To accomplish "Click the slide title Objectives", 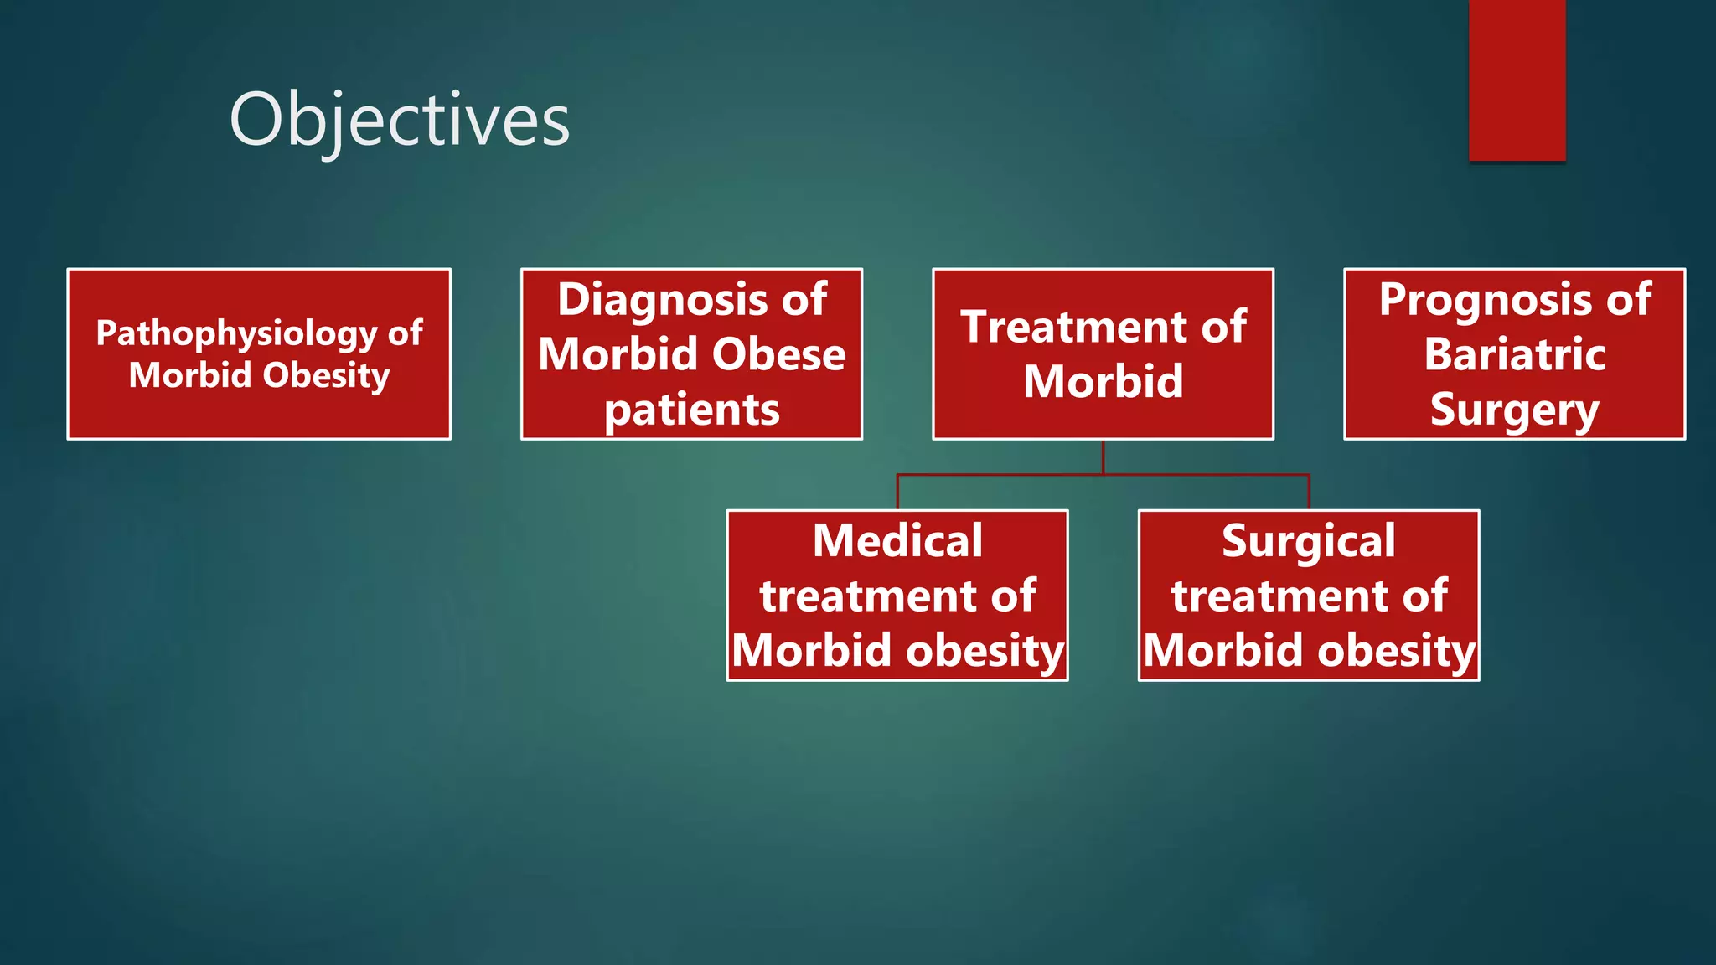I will (400, 120).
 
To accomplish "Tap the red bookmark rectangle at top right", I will (1517, 80).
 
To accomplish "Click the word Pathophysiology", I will (236, 334).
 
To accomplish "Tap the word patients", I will (691, 410).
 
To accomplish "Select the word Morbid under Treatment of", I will (1103, 382).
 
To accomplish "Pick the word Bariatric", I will (1515, 354).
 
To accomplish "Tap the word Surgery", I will (1515, 410).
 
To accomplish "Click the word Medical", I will (897, 541).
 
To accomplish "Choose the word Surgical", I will (1308, 541).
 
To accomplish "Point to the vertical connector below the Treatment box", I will (1103, 457).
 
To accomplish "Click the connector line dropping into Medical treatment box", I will (897, 493).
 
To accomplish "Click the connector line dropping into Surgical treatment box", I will (1309, 493).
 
